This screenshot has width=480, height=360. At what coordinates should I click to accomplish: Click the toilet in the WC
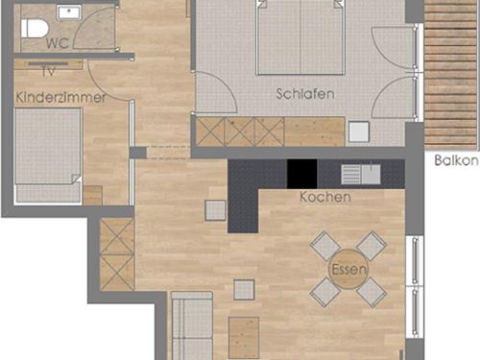point(35,28)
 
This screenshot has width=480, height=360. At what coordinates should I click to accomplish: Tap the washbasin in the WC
point(68,12)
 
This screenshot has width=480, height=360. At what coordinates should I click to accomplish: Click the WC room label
point(58,43)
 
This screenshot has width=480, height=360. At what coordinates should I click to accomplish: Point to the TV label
point(48,71)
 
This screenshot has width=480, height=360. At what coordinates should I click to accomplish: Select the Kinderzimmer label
point(60,97)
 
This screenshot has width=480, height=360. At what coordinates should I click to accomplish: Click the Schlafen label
point(305,94)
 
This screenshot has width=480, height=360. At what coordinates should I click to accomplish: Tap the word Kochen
point(325,197)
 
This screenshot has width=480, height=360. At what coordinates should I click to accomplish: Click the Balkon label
point(457,160)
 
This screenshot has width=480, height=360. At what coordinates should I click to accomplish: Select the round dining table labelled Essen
point(348,269)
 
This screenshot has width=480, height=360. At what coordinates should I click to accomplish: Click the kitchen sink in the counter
point(361,175)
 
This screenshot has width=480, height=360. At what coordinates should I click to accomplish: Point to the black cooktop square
point(302,174)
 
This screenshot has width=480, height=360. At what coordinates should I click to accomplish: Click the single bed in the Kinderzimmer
point(48,156)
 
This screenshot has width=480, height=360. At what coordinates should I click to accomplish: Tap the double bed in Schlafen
point(300,37)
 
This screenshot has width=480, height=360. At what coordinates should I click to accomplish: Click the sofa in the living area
point(192,325)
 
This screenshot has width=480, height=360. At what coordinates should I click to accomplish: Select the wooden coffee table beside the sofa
point(244,338)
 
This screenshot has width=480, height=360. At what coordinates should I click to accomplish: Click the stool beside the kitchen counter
point(215,210)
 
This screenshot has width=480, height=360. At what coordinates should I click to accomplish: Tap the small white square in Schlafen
point(359,132)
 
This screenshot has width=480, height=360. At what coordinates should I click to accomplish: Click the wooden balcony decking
point(451,74)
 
